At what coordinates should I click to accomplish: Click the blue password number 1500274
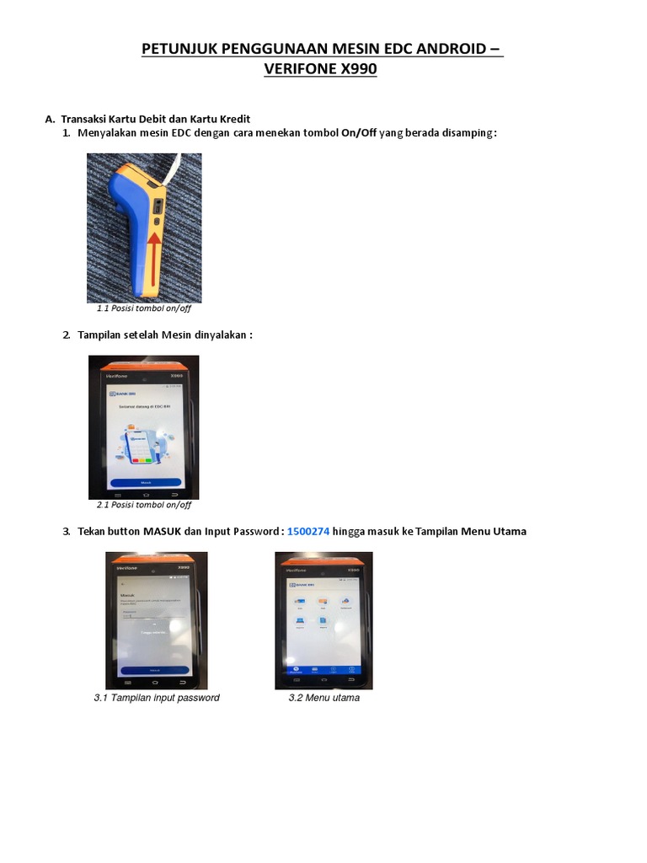(x=308, y=531)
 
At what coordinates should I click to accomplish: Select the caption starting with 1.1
(x=144, y=308)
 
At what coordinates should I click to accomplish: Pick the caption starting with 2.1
(x=144, y=505)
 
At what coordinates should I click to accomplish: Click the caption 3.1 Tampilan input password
(x=157, y=698)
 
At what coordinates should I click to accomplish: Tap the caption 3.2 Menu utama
(x=323, y=698)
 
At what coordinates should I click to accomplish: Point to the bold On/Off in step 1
(x=359, y=133)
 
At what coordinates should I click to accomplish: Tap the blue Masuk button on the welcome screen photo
(x=145, y=483)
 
